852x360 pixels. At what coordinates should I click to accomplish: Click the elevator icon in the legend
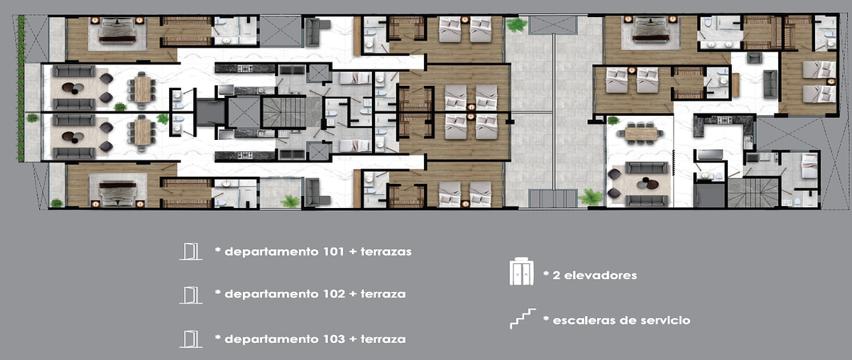pos(521,271)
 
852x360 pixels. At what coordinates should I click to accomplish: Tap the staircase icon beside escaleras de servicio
pos(523,319)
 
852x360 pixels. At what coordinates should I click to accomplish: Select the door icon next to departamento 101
pos(190,251)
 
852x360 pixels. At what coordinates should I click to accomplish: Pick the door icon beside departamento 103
pos(190,339)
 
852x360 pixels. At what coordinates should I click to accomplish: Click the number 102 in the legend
pos(334,294)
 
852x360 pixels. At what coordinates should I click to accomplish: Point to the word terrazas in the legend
pos(386,251)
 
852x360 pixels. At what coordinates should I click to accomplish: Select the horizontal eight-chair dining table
pos(641,133)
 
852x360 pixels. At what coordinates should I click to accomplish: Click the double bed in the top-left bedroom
pos(118,30)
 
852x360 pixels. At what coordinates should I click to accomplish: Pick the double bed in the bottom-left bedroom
pos(118,194)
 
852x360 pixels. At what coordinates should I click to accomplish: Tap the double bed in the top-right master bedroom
pos(651,29)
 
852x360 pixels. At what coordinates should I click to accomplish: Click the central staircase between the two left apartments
pos(284,112)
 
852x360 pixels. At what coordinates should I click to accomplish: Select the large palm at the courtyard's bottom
pos(591,197)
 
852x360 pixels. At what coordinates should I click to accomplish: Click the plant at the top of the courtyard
pos(517,25)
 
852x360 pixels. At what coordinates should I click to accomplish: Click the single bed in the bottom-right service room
pos(809,165)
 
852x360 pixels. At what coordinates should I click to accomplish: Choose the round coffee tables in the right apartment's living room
pos(648,183)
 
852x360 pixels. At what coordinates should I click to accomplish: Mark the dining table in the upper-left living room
pos(142,89)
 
